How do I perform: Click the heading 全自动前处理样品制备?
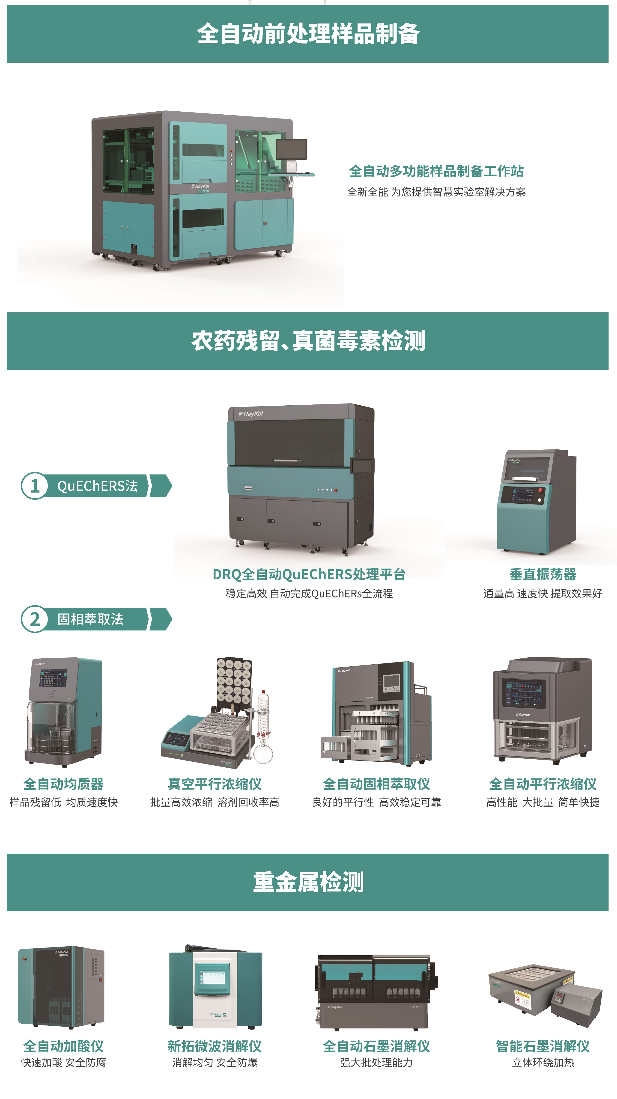(x=309, y=34)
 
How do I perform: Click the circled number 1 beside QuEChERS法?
(x=35, y=485)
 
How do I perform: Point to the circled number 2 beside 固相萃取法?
(x=35, y=619)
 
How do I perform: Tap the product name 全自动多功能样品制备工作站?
(x=436, y=171)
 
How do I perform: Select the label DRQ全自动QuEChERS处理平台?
(x=309, y=574)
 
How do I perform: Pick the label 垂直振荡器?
(x=543, y=574)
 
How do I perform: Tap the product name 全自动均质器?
(x=64, y=784)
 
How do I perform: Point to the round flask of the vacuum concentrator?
(x=263, y=754)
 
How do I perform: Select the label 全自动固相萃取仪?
(x=376, y=784)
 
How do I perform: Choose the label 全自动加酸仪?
(x=64, y=1046)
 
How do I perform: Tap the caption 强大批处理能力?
(x=376, y=1062)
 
